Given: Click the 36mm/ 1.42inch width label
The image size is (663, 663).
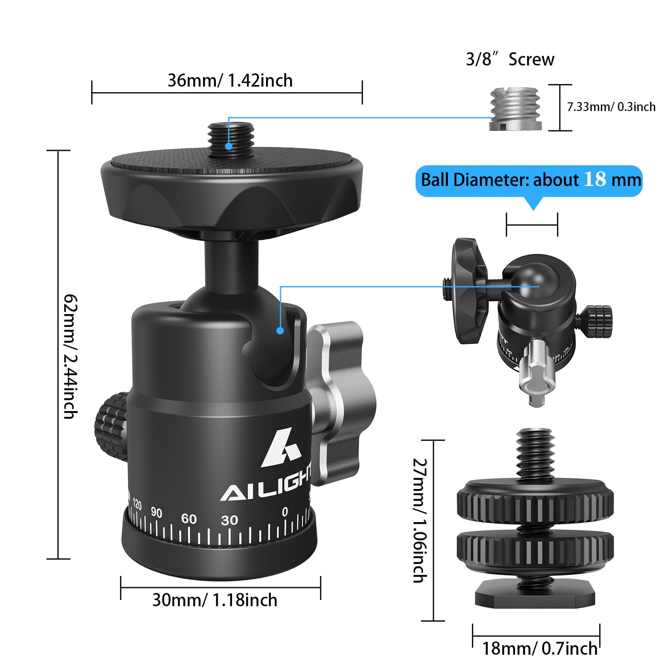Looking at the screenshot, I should (x=230, y=80).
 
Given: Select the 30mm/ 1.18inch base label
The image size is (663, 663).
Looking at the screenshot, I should (x=215, y=600).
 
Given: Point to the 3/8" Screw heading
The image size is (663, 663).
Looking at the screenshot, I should (x=510, y=59).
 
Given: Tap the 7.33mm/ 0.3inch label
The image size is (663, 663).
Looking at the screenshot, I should (x=611, y=107).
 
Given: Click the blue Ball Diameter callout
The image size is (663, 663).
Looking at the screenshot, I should (x=530, y=180).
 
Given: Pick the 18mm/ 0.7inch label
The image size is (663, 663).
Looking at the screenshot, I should (x=540, y=648).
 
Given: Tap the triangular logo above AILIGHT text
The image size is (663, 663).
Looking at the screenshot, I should (x=281, y=449).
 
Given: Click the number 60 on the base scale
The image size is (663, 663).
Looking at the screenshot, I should (x=189, y=519).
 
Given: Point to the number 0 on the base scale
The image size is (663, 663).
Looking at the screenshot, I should (x=285, y=512).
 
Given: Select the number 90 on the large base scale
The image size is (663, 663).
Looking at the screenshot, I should (x=156, y=513).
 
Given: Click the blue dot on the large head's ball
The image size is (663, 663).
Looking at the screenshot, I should (x=280, y=331).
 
